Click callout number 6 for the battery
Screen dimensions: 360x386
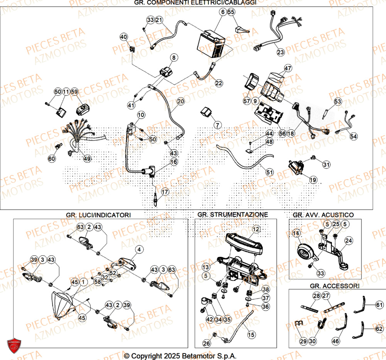pyautogui.click(x=223, y=12)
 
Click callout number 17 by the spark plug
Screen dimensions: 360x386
pyautogui.click(x=165, y=191)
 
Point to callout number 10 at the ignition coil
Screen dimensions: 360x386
pyautogui.click(x=141, y=115)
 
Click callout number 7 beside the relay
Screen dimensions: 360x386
pyautogui.click(x=217, y=125)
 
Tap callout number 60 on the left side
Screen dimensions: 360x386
pyautogui.click(x=52, y=158)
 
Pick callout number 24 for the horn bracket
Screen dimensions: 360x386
pyautogui.click(x=349, y=241)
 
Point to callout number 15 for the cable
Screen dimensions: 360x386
pyautogui.click(x=251, y=335)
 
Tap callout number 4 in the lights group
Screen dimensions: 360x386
pyautogui.click(x=139, y=249)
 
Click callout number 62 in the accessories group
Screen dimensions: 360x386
pyautogui.click(x=379, y=329)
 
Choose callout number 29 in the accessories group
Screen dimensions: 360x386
pyautogui.click(x=303, y=341)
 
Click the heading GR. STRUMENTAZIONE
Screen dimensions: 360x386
pyautogui.click(x=232, y=214)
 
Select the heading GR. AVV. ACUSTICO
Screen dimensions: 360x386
pyautogui.click(x=323, y=214)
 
